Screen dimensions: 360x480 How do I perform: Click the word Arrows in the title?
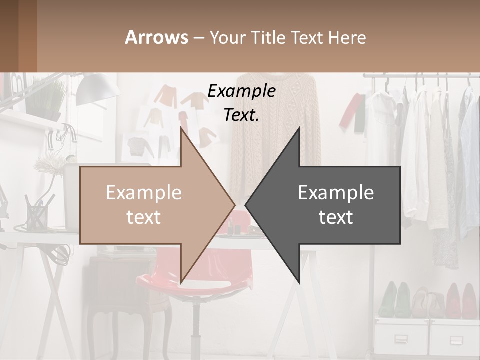click(x=157, y=37)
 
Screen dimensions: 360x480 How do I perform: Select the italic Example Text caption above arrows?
click(x=242, y=103)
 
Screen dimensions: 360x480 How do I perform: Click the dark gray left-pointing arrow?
click(x=330, y=205)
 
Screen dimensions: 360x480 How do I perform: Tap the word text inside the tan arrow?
click(x=143, y=217)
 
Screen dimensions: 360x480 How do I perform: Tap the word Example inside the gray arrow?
click(x=336, y=192)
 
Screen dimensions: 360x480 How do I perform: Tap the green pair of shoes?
click(x=395, y=299)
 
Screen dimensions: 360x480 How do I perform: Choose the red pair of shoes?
click(x=460, y=300)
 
